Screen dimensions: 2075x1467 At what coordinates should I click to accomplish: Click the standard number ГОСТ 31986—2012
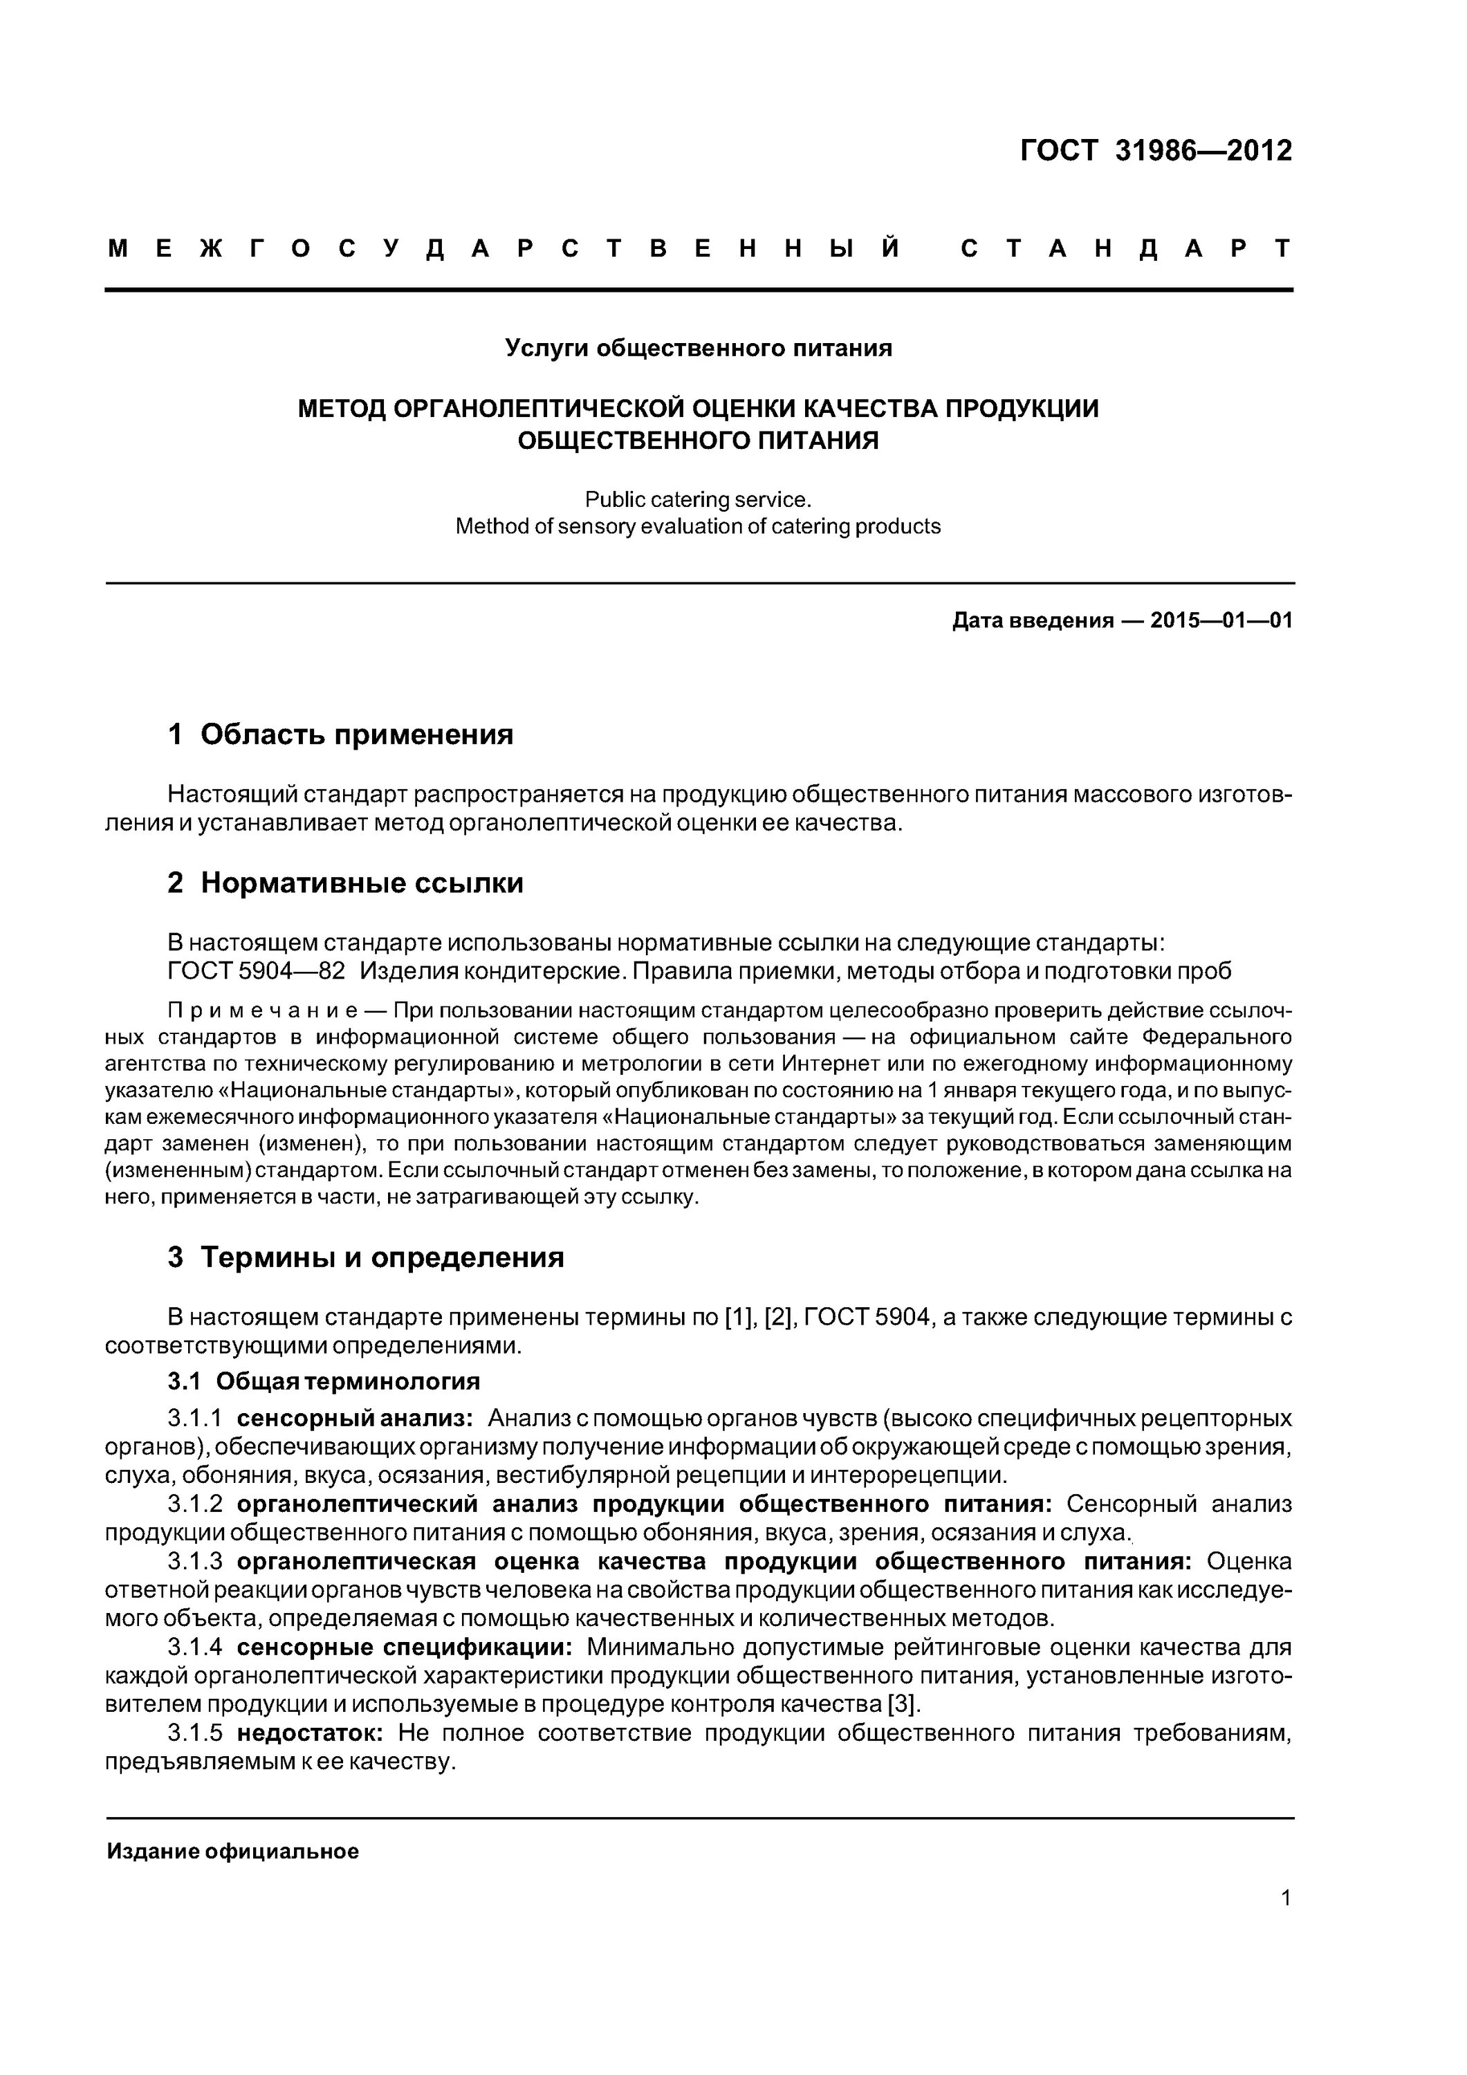[x=1155, y=150]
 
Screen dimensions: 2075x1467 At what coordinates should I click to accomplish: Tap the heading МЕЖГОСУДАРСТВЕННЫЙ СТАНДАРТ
[x=699, y=248]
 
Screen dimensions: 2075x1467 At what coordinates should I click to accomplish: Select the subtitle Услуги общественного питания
[x=698, y=348]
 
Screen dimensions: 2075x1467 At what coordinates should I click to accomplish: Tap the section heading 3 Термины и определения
[x=365, y=1257]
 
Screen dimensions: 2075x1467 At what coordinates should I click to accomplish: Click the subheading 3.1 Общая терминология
[x=324, y=1382]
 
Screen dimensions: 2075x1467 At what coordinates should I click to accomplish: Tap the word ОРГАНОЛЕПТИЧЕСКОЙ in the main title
[x=539, y=409]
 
